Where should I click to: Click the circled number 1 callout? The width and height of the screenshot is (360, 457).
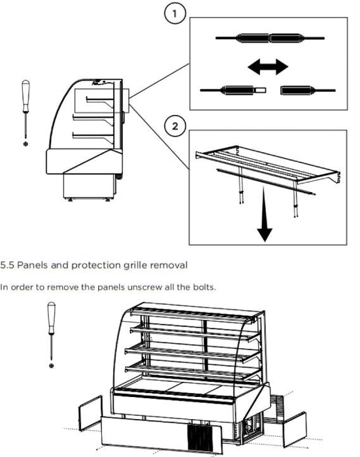(x=174, y=14)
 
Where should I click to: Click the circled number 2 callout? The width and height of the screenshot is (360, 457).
(x=174, y=126)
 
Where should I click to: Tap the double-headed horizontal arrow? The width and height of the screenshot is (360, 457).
(x=268, y=67)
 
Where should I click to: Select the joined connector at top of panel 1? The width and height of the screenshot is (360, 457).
(x=270, y=38)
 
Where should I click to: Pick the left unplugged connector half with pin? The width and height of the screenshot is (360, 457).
(x=233, y=90)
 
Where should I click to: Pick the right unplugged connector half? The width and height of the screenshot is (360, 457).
(x=308, y=90)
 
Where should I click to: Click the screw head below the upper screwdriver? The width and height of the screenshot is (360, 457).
(x=25, y=144)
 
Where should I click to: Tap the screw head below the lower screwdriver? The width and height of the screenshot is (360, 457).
(x=52, y=366)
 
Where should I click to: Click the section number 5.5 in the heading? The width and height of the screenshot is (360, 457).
(x=7, y=265)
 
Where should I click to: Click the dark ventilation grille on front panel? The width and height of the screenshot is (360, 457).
(x=199, y=436)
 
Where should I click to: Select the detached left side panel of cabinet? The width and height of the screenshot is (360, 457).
(x=90, y=413)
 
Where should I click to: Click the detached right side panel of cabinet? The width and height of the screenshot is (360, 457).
(x=295, y=430)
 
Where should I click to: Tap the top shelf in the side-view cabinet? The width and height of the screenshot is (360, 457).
(x=100, y=101)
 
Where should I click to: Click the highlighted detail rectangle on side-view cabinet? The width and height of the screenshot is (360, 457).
(x=102, y=101)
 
